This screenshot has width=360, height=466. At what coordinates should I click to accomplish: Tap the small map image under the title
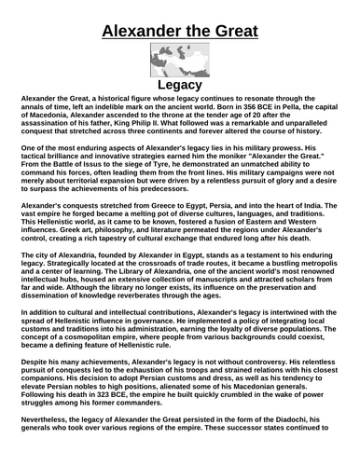[179, 59]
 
